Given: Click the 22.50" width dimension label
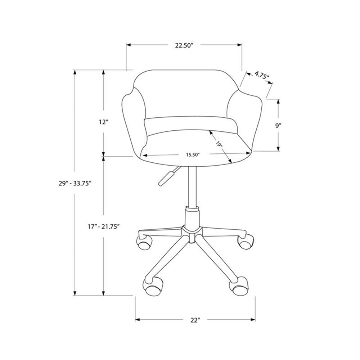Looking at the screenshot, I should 184,45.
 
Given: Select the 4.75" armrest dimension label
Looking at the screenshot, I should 262,75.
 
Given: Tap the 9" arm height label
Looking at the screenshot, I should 278,126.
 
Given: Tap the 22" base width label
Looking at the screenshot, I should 195,320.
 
